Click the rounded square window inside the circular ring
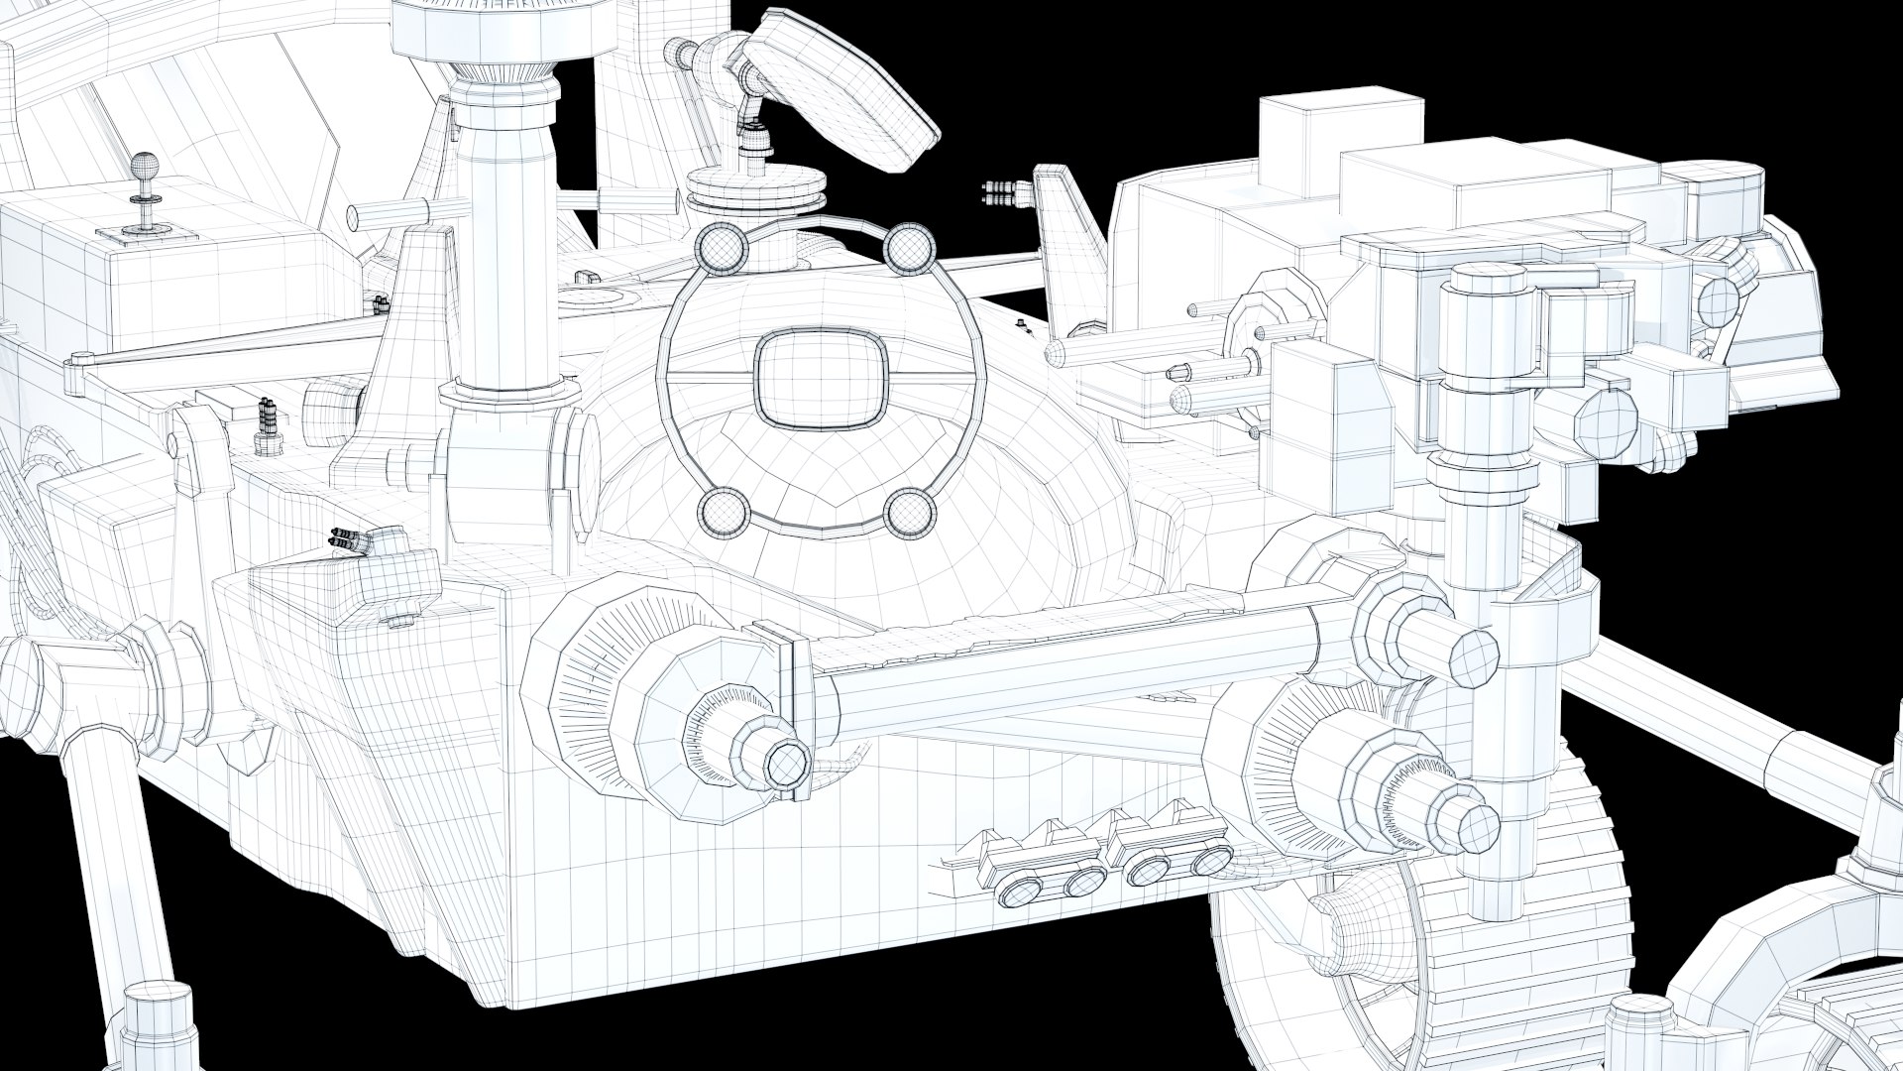(817, 381)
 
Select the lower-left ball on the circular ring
(723, 513)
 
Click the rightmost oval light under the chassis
(1213, 861)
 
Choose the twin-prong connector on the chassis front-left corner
(346, 540)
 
